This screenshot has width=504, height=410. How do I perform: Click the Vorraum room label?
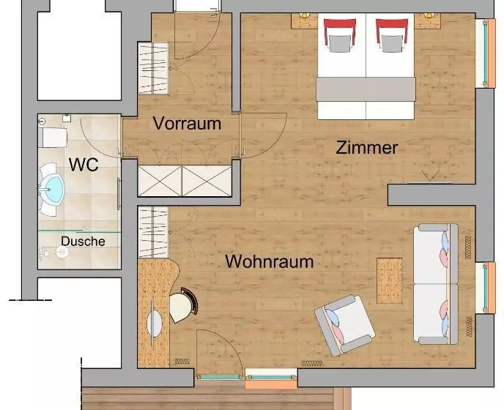click(x=187, y=124)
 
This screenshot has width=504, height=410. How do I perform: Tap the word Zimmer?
click(x=367, y=147)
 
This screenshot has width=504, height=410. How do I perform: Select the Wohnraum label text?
click(x=270, y=261)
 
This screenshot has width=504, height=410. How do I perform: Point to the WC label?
click(x=84, y=165)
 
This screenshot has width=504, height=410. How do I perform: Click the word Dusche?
click(x=83, y=242)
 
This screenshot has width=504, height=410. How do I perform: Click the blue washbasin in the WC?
click(x=51, y=190)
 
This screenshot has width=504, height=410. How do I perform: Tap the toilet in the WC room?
click(x=53, y=138)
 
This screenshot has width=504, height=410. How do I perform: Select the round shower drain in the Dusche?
click(x=62, y=252)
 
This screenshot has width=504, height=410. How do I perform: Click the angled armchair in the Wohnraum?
click(x=344, y=325)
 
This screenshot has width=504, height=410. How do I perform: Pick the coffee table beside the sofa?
click(x=389, y=280)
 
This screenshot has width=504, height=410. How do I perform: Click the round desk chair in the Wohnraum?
click(x=183, y=305)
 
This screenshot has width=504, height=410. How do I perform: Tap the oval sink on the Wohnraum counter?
click(x=155, y=323)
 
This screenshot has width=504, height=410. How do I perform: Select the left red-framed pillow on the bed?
click(x=340, y=35)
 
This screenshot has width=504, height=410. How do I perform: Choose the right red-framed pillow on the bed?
click(x=392, y=35)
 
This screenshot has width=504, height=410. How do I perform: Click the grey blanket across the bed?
click(x=366, y=89)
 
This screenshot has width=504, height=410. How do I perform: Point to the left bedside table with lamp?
click(x=305, y=21)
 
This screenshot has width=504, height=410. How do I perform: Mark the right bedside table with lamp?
click(x=428, y=21)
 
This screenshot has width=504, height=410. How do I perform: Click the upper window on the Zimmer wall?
click(x=486, y=53)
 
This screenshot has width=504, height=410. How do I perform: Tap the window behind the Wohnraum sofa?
click(x=486, y=288)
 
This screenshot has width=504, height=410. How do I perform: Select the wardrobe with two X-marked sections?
click(x=185, y=181)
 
